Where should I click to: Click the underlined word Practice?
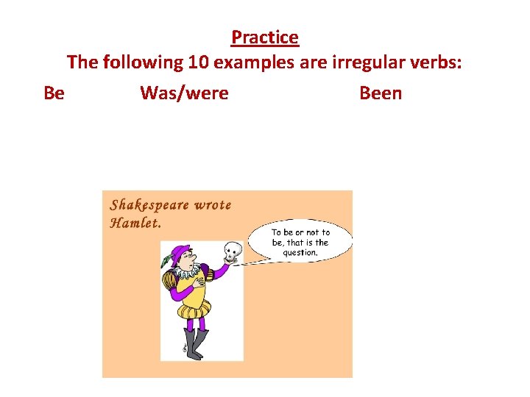265,37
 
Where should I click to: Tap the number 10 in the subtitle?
198,62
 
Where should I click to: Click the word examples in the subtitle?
252,62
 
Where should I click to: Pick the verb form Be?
54,93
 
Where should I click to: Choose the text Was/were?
184,93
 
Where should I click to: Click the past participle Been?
381,93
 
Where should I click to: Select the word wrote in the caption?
213,205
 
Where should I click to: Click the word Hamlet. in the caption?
135,223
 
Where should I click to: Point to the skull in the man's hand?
233,251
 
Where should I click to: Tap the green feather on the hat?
166,260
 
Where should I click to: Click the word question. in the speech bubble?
300,253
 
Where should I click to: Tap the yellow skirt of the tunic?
193,309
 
